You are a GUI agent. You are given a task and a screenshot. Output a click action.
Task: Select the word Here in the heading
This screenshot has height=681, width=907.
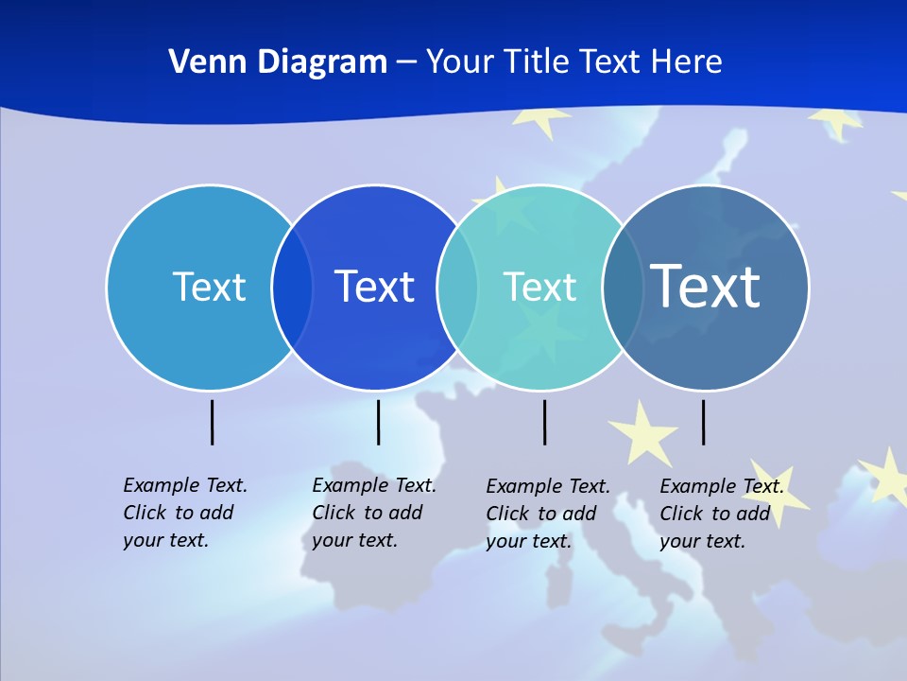point(687,61)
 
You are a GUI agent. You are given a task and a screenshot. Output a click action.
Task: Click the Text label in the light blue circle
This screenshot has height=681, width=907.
point(209,287)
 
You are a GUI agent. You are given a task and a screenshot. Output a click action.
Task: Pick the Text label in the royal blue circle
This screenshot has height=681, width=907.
point(374,287)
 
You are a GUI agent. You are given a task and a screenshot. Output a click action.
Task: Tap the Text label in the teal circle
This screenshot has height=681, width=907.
point(539,287)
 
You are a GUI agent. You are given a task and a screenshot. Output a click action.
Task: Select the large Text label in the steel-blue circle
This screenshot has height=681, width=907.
point(706,286)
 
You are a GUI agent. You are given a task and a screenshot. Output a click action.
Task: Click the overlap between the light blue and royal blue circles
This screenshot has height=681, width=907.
point(292,288)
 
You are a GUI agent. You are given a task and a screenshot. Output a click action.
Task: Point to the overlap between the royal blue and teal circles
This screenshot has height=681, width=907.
point(457,288)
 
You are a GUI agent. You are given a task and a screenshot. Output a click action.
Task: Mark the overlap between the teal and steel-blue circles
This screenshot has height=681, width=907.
point(623,288)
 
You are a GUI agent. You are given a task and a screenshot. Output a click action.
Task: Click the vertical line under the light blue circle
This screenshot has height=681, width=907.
point(213,422)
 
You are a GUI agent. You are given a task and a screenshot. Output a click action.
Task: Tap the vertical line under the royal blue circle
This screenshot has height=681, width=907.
point(378,422)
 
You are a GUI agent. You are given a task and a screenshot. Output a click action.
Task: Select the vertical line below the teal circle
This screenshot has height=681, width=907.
point(544,422)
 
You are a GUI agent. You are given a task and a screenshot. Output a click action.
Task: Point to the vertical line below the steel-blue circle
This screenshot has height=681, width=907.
point(703,422)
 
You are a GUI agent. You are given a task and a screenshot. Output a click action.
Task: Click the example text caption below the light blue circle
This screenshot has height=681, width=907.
point(185,513)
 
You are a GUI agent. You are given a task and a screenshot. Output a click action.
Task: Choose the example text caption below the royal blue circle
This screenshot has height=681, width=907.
point(374,513)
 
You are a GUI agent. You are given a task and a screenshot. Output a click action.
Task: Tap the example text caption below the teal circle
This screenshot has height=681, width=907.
point(548,514)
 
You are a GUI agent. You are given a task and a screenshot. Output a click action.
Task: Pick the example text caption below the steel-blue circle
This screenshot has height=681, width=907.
point(722,514)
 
